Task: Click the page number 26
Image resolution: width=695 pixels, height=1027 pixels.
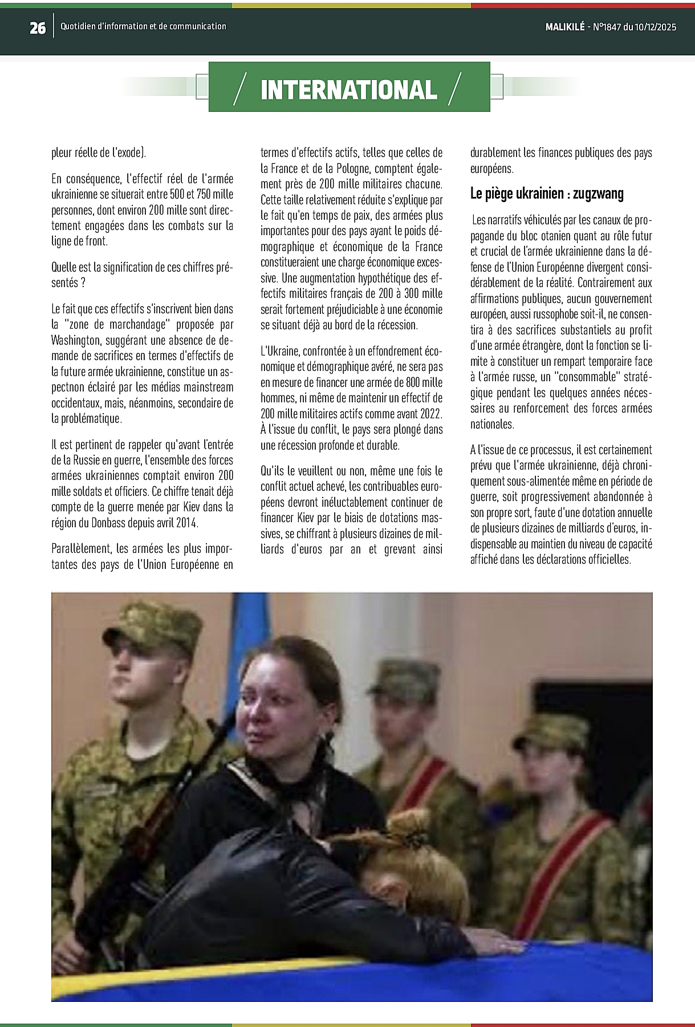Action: (x=38, y=27)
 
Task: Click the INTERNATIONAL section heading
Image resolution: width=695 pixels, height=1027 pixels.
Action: (x=348, y=90)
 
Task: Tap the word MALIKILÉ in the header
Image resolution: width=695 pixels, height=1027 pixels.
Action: (x=564, y=27)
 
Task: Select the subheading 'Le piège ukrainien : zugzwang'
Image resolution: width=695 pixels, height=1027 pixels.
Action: (x=547, y=194)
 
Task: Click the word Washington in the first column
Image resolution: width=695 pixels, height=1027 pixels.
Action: (x=75, y=341)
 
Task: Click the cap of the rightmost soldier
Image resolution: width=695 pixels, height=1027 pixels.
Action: (x=553, y=730)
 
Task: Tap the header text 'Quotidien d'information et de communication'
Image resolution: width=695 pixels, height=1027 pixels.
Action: (x=143, y=26)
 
